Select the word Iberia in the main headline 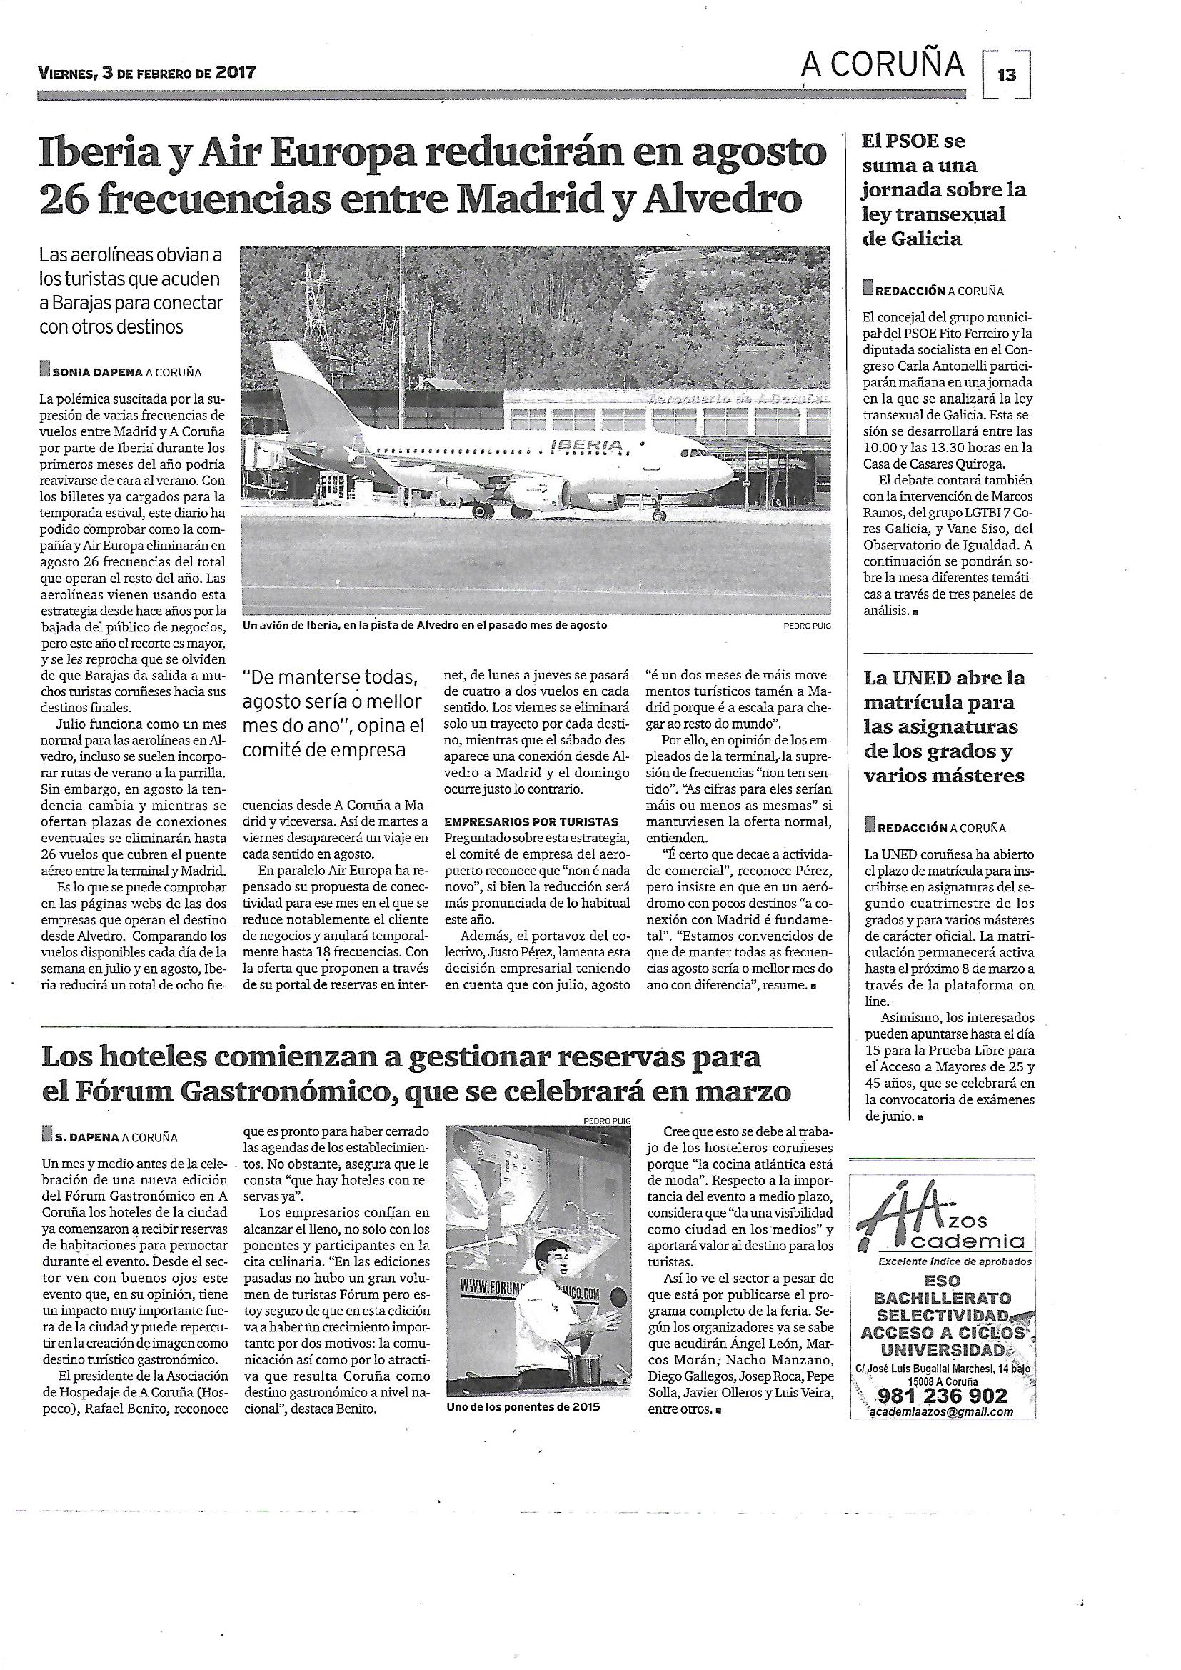point(94,154)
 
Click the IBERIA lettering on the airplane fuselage point(588,444)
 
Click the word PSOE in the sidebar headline point(924,141)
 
